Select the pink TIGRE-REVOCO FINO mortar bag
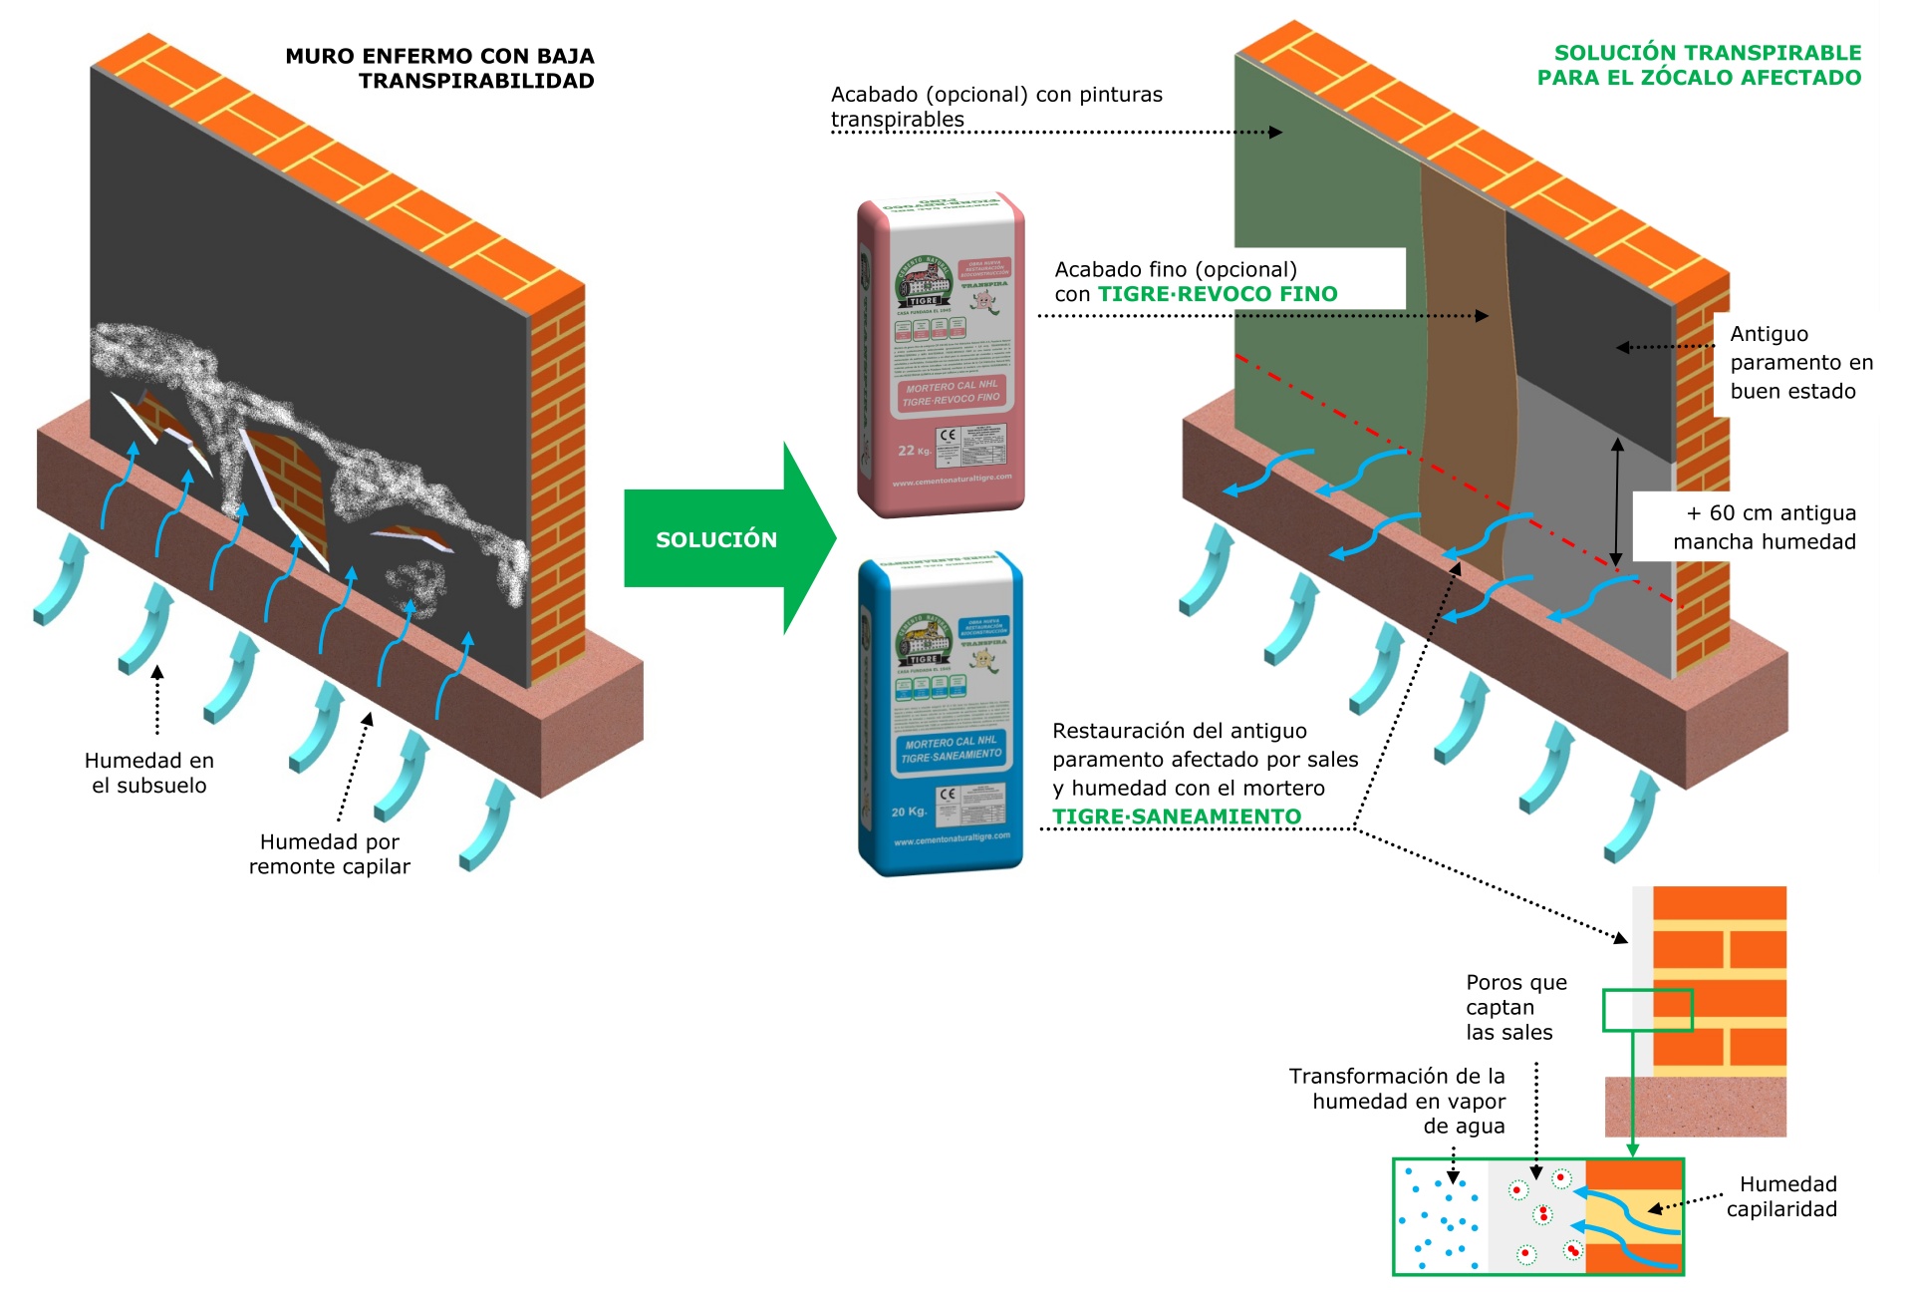[x=942, y=354]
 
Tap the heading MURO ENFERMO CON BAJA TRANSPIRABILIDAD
[x=439, y=68]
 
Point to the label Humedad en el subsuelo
[x=149, y=773]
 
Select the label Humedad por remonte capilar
[x=329, y=854]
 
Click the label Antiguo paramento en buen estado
[x=1800, y=363]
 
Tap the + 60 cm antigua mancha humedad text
[x=1765, y=527]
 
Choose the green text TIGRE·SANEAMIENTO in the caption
[x=1177, y=817]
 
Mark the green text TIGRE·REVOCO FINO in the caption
[x=1218, y=294]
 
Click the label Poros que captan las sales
[x=1514, y=1007]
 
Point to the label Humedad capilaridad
[x=1783, y=1196]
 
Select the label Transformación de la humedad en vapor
[x=1397, y=1101]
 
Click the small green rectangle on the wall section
[x=1647, y=1010]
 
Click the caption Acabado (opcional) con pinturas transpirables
[x=996, y=107]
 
